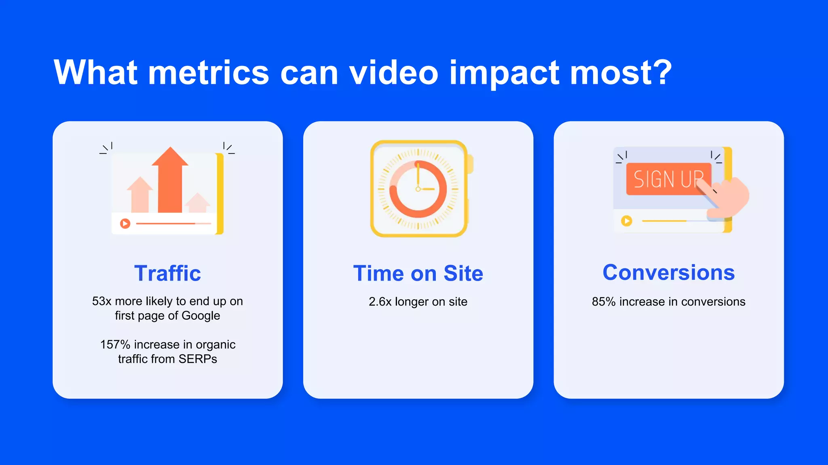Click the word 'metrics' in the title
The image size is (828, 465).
click(208, 73)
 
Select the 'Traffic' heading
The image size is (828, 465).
click(167, 273)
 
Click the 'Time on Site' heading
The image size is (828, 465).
click(418, 273)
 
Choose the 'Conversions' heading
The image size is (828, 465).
click(668, 272)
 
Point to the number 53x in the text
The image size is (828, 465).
click(101, 301)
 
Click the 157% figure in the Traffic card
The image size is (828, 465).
click(115, 344)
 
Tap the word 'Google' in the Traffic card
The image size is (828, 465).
click(201, 316)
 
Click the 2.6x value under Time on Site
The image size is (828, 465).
click(380, 302)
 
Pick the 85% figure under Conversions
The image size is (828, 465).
click(603, 302)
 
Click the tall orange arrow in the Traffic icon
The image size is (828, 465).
click(170, 182)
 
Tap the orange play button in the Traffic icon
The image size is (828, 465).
click(125, 223)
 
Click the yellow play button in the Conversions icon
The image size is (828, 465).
click(626, 221)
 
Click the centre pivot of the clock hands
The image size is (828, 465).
click(418, 189)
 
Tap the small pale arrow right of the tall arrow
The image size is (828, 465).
click(197, 203)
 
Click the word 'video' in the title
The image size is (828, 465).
click(393, 73)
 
